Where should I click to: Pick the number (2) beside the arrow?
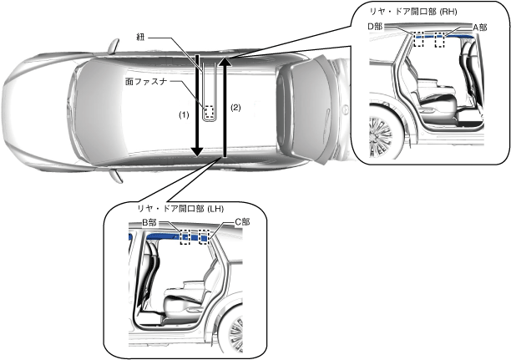[235, 108]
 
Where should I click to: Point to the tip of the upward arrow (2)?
[223, 60]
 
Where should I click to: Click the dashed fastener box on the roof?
[209, 110]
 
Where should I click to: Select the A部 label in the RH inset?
[480, 27]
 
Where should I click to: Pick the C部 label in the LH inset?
[241, 221]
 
